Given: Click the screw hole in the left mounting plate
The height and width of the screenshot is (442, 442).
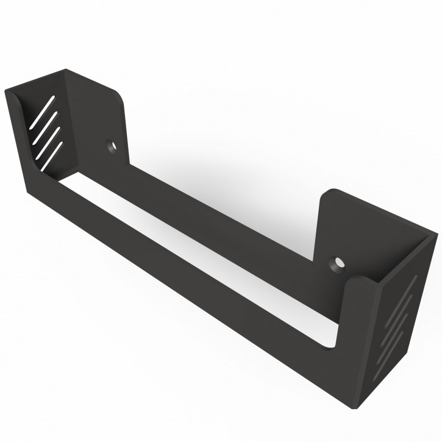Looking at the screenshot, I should (x=111, y=146).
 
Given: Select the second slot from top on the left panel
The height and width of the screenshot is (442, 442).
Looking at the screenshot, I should (x=43, y=126).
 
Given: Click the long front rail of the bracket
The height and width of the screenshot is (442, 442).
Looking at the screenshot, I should (x=183, y=256).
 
